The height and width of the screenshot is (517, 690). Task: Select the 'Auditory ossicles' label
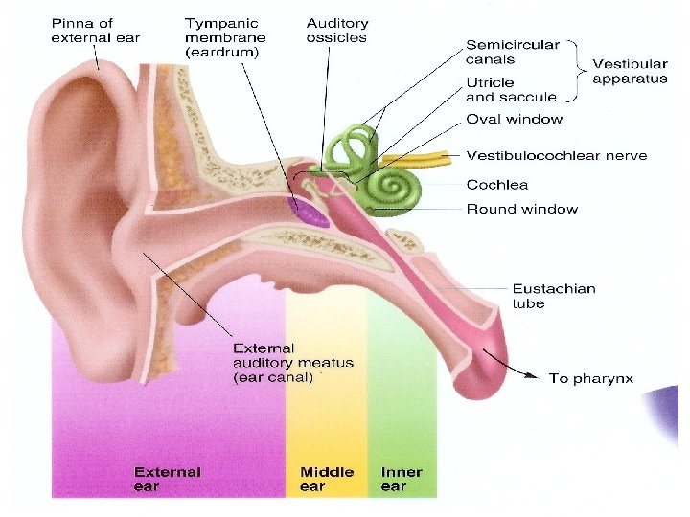(338, 30)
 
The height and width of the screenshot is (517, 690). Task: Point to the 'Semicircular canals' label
(512, 53)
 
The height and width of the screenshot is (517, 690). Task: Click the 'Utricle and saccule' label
(511, 89)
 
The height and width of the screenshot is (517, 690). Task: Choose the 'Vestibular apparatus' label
(630, 71)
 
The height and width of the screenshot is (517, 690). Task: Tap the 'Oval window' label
(514, 120)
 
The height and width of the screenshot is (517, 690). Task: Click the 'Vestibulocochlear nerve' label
(556, 155)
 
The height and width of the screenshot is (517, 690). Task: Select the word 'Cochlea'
(497, 185)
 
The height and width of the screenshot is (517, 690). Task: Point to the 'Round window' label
(521, 209)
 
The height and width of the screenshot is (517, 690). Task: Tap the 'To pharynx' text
(590, 379)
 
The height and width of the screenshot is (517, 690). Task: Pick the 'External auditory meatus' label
(293, 363)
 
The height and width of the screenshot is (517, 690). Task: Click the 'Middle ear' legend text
(326, 479)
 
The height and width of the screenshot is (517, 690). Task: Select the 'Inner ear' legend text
(401, 479)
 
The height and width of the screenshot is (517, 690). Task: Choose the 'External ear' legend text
(167, 479)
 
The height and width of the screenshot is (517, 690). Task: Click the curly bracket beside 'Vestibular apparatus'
(578, 71)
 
